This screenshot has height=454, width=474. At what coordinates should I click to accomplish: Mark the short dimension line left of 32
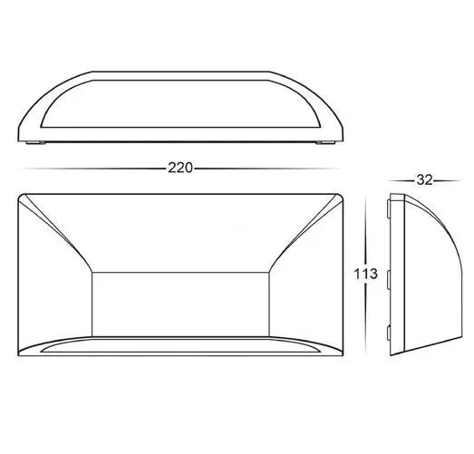coord(398,179)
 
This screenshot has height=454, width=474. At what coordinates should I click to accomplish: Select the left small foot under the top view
coord(36,143)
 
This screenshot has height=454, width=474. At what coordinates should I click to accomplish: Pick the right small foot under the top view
coord(322,143)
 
